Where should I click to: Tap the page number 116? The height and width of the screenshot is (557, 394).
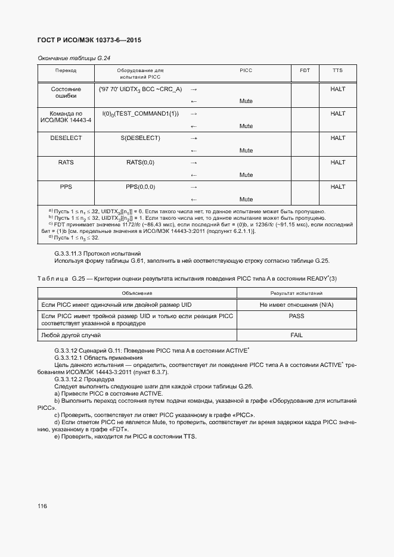point(42,506)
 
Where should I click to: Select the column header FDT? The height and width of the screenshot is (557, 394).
point(305,70)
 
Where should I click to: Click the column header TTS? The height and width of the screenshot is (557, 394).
point(337,70)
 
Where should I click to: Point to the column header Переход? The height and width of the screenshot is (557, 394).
point(66,70)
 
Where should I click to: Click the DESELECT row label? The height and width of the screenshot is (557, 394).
point(66,138)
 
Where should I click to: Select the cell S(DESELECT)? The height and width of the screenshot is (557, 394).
point(140,138)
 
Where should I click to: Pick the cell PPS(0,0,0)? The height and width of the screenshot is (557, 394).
point(140,186)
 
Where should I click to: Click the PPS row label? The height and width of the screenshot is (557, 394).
point(66,186)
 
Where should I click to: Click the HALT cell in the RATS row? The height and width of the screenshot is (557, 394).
point(337,162)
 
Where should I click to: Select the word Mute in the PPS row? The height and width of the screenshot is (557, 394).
point(246,199)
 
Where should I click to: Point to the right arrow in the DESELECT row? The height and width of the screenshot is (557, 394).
point(193,138)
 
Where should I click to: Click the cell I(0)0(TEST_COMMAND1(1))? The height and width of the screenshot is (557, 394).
point(140,113)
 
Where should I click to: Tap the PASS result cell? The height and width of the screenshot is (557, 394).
point(296,316)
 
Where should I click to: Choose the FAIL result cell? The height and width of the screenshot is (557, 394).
point(296,335)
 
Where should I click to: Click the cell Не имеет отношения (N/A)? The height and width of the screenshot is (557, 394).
point(296,304)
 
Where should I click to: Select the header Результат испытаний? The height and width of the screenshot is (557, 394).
point(296,293)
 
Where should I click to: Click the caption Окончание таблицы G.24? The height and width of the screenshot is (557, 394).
point(75,58)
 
